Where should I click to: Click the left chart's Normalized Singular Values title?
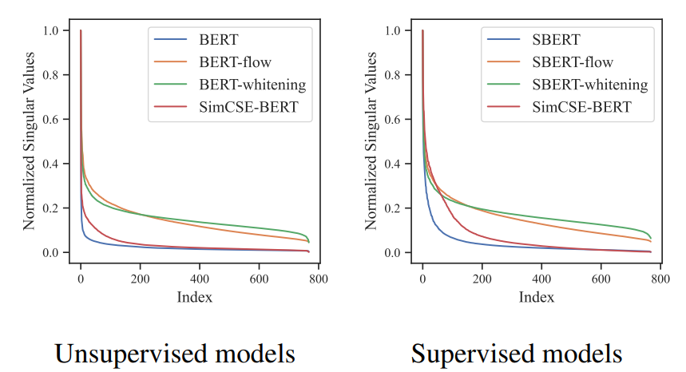pyautogui.click(x=30, y=142)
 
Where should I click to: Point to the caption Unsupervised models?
pyautogui.click(x=175, y=352)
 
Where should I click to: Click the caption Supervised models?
pyautogui.click(x=517, y=352)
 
